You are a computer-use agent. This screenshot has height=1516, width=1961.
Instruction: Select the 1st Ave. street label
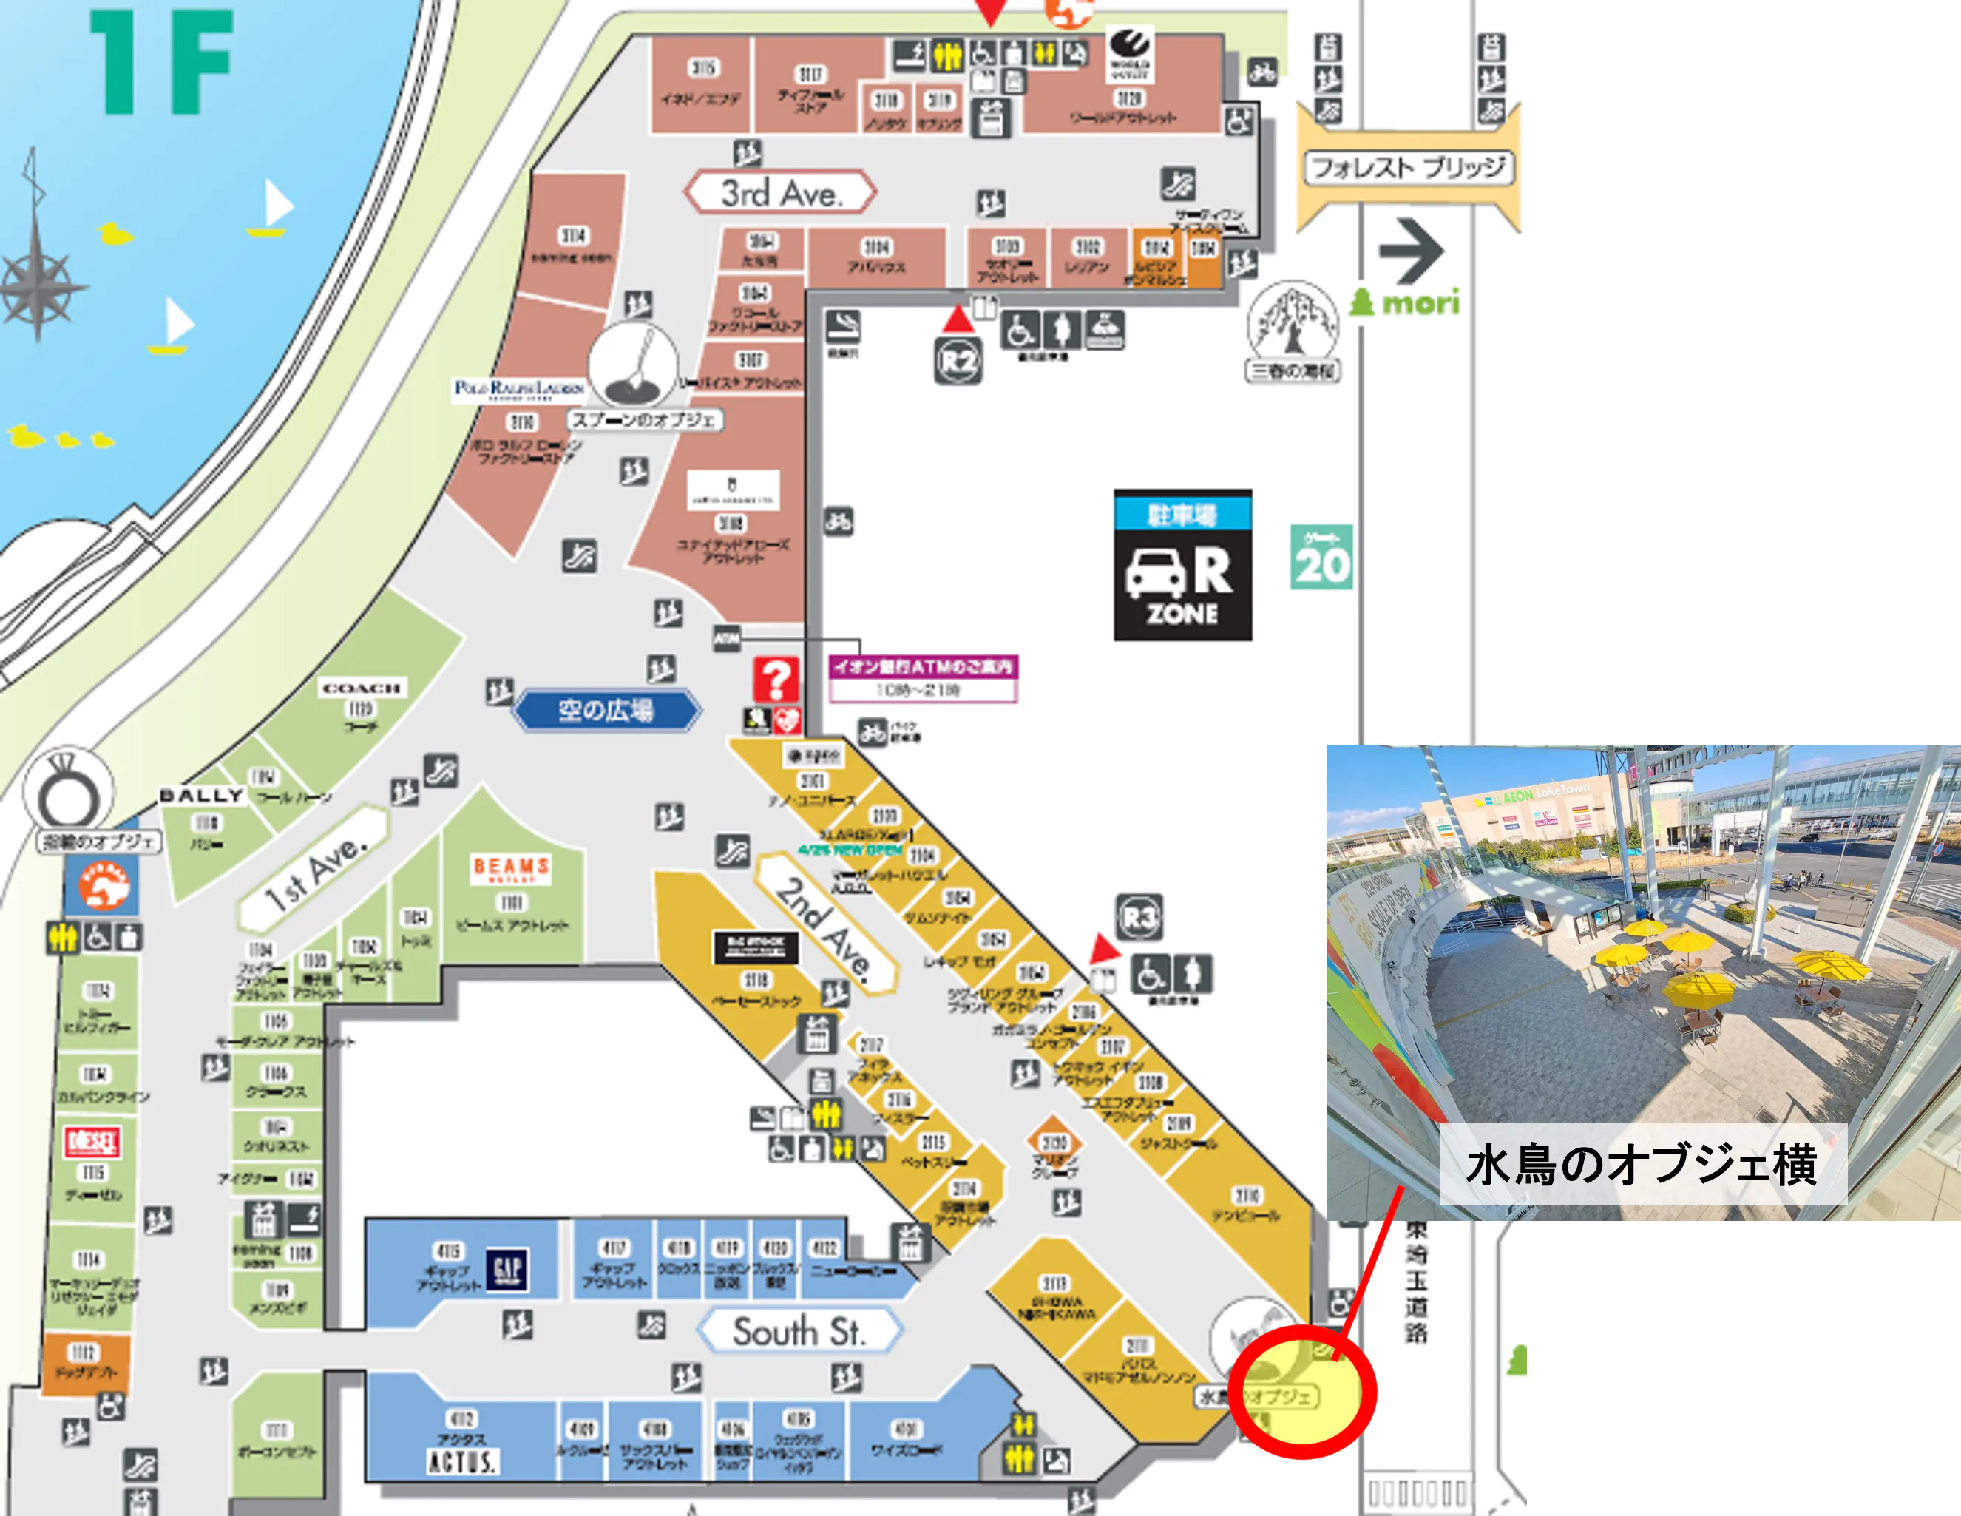(315, 867)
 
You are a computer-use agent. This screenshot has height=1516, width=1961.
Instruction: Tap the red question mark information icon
(776, 680)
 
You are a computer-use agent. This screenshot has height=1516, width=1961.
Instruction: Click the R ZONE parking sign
(1182, 565)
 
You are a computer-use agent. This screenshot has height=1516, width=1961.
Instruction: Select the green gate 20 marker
(1321, 557)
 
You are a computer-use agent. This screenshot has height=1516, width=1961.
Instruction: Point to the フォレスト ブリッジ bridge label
(1408, 167)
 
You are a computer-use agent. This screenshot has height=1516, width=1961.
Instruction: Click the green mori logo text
(1408, 302)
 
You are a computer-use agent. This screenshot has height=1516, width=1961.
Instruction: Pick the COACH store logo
(361, 688)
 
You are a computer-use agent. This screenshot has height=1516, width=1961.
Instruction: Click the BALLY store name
(201, 796)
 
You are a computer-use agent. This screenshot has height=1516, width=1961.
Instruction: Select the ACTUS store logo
(461, 1461)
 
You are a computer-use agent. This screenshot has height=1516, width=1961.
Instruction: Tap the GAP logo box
(507, 1268)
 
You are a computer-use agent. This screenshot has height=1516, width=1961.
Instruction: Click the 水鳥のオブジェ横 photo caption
(1642, 1164)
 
